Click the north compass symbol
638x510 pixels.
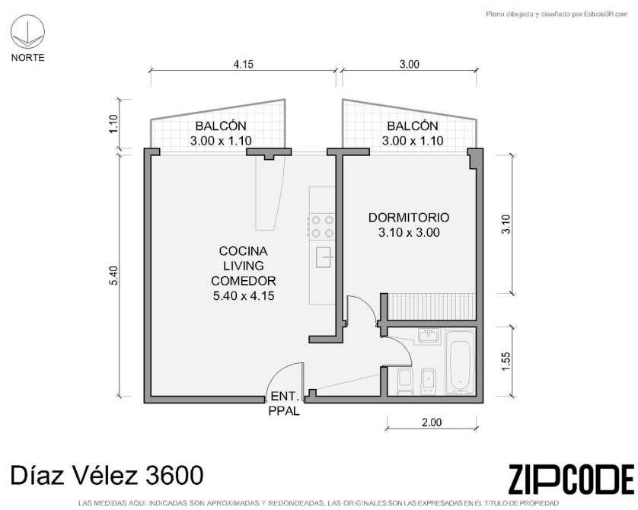point(27,32)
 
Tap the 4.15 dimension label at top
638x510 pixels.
point(244,64)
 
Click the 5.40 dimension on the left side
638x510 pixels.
point(113,276)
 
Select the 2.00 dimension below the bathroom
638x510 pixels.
point(432,422)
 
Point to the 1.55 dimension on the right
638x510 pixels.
point(506,361)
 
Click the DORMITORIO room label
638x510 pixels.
point(409,218)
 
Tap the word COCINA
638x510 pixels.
point(244,250)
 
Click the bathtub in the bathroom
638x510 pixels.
point(461,362)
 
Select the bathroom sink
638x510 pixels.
point(428,336)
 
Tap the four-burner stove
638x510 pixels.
point(322,227)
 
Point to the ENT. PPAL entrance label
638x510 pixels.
point(285,403)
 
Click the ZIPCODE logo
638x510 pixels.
point(570,479)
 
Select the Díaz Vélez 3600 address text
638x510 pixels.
point(107,475)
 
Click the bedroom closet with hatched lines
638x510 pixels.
point(432,307)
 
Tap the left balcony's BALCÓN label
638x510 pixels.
point(221,126)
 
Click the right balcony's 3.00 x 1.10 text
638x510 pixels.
point(413,141)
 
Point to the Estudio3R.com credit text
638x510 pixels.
point(557,14)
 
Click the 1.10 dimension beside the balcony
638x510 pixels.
point(113,123)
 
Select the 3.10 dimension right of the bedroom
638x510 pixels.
point(506,224)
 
